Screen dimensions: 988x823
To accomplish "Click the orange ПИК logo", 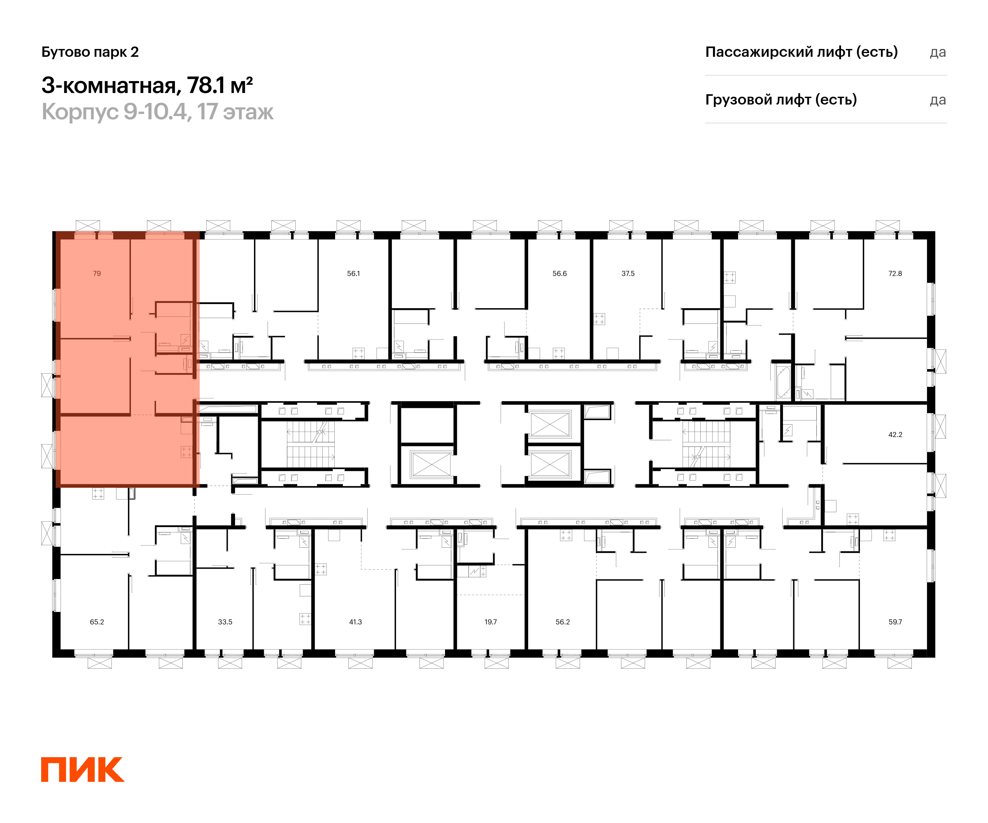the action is tap(83, 770).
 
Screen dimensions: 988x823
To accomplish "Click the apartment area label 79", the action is tap(97, 273).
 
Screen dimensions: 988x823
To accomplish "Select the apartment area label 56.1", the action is tap(353, 273).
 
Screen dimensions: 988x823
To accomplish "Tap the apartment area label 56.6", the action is tap(559, 273).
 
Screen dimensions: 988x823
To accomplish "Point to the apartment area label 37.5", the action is tap(628, 273).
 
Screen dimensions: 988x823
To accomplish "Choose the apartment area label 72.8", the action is tap(895, 273).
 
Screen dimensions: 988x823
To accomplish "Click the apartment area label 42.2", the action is tap(895, 435).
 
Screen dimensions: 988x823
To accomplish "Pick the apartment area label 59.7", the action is tap(895, 622).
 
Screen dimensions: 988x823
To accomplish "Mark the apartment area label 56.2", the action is tap(562, 622).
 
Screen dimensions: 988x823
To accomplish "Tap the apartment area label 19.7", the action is tap(490, 622).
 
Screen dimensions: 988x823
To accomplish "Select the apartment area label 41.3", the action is tap(355, 622).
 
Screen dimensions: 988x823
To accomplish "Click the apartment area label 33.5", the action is tap(225, 622).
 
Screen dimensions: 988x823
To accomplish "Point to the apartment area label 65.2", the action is tap(97, 622).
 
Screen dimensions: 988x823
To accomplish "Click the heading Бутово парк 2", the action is tap(90, 52).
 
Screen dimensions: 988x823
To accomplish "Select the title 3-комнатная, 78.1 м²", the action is tap(147, 86).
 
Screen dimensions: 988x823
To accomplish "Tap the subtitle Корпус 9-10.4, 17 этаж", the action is tap(157, 112).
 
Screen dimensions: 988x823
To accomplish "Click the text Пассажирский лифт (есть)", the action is tap(801, 52).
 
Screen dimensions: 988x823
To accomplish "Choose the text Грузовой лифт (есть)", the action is tap(781, 100).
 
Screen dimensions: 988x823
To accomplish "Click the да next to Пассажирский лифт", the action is tap(938, 52).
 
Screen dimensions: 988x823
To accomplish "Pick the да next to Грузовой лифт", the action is tap(938, 100).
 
